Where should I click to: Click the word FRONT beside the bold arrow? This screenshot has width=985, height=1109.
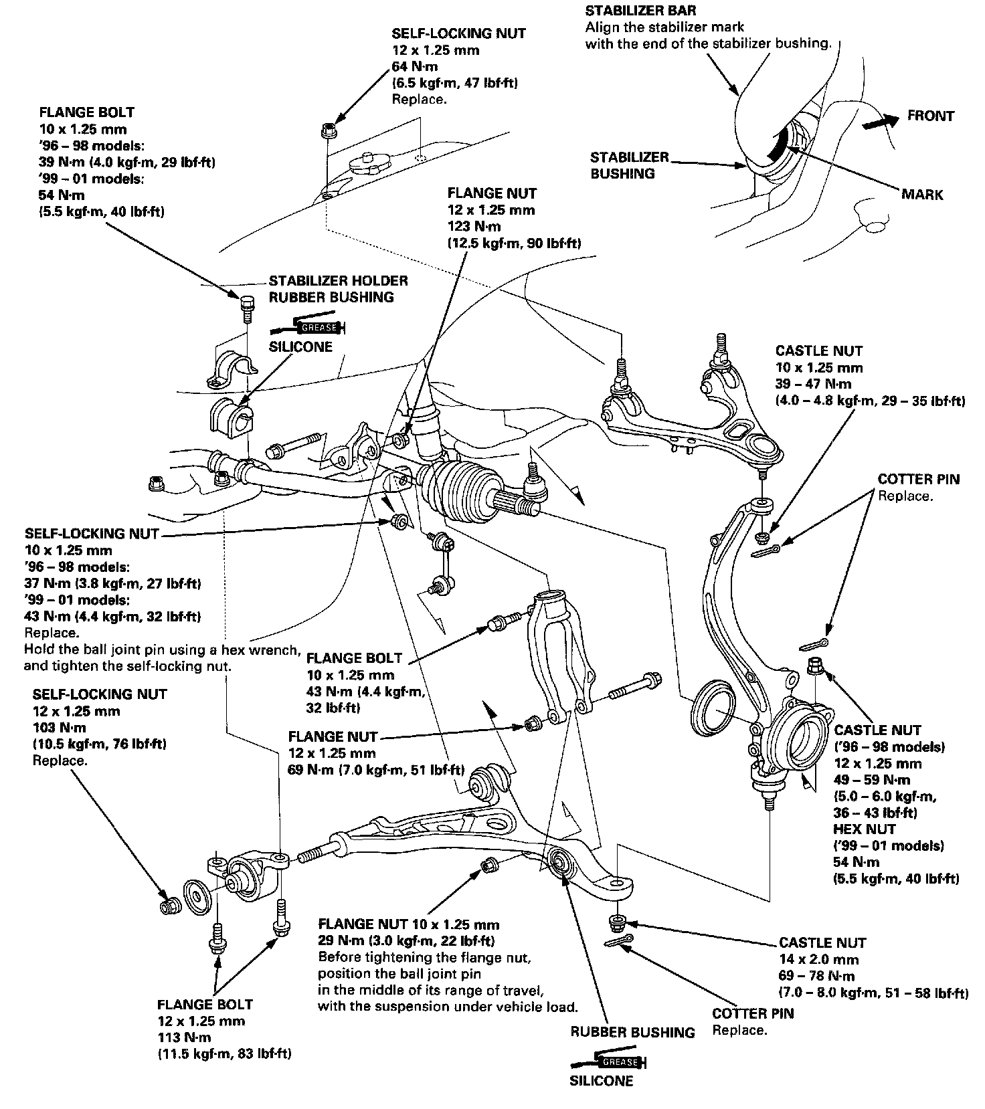(931, 116)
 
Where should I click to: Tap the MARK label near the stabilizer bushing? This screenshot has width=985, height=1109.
(922, 195)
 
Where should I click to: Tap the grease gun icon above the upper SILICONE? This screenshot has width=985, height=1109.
(308, 327)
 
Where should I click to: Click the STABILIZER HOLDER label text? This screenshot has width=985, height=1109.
(339, 281)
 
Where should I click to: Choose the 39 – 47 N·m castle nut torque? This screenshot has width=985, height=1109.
(813, 384)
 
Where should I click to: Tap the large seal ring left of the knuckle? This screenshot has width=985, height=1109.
(712, 714)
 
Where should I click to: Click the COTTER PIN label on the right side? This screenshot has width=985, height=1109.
(919, 479)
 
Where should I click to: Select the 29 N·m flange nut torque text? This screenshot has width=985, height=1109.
(407, 941)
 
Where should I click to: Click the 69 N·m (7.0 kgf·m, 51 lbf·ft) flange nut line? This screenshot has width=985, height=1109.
(377, 769)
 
